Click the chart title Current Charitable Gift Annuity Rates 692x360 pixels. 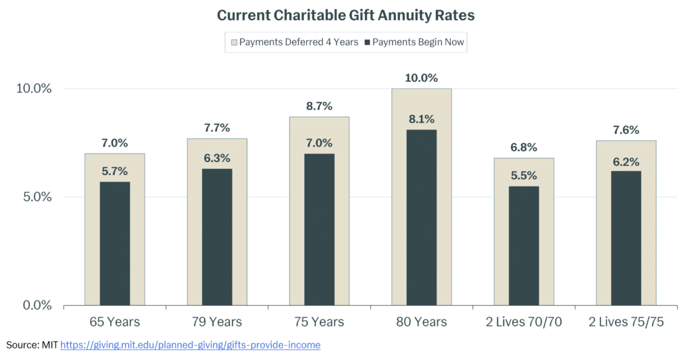346,14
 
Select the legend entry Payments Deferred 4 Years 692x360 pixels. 295,43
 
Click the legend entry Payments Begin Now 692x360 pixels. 414,43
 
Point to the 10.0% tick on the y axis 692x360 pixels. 34,88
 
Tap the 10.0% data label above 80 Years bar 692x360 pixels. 422,78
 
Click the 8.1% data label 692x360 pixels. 422,119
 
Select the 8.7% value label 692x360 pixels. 320,106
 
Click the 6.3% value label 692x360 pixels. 217,158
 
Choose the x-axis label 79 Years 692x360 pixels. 217,322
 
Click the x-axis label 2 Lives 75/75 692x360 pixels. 626,322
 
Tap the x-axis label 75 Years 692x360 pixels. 320,322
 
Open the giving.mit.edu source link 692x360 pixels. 190,345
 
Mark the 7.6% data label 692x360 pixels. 626,130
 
